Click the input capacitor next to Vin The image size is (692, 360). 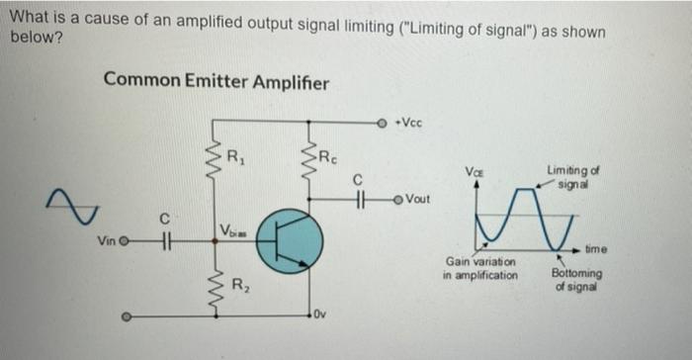click(x=167, y=239)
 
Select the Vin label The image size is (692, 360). click(x=108, y=240)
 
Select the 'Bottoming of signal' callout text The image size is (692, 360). click(x=573, y=279)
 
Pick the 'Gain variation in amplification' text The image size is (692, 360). click(x=480, y=268)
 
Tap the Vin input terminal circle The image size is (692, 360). click(x=126, y=239)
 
